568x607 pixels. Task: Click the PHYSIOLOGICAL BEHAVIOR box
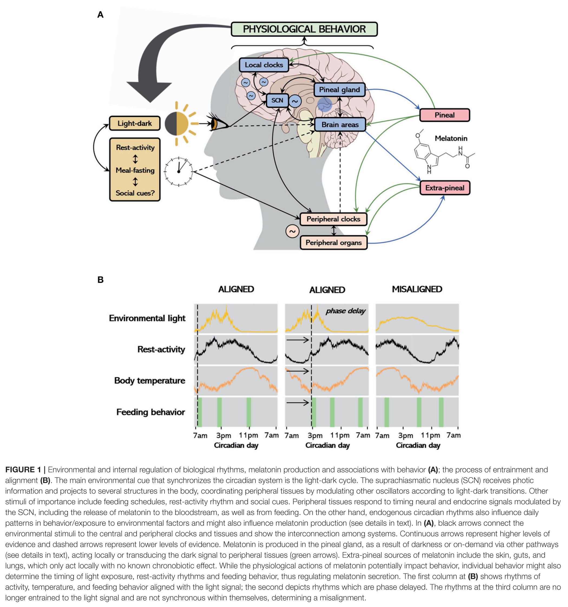pyautogui.click(x=304, y=29)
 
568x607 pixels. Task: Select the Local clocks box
pyautogui.click(x=264, y=65)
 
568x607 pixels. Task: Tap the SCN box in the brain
pyautogui.click(x=277, y=100)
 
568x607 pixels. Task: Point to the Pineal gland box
pyautogui.click(x=340, y=90)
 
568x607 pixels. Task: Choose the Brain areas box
pyautogui.click(x=340, y=124)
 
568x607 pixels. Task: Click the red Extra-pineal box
pyautogui.click(x=445, y=188)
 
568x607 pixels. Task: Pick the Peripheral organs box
pyautogui.click(x=333, y=243)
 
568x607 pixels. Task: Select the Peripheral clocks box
pyautogui.click(x=333, y=219)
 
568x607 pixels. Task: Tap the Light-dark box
pyautogui.click(x=135, y=123)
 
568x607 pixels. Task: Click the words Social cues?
pyautogui.click(x=135, y=193)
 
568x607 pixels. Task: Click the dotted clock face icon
pyautogui.click(x=179, y=172)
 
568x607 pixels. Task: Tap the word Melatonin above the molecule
pyautogui.click(x=451, y=139)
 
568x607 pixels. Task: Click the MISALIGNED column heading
pyautogui.click(x=417, y=289)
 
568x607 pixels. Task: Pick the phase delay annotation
pyautogui.click(x=345, y=311)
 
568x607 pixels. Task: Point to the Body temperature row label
pyautogui.click(x=150, y=381)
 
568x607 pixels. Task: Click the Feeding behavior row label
pyautogui.click(x=150, y=412)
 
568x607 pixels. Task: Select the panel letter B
pyautogui.click(x=100, y=280)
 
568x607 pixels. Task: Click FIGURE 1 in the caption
pyautogui.click(x=23, y=470)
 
